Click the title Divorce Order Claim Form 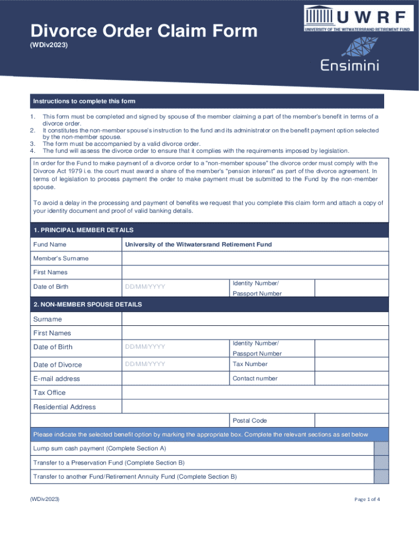tap(144, 31)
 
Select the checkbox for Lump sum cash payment tap(381, 449)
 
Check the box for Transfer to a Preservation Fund tap(381, 463)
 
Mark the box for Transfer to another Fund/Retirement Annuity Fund tap(381, 476)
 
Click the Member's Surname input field tap(255, 258)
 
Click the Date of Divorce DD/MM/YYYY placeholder tap(145, 364)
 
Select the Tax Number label tap(250, 364)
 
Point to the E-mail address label tap(57, 379)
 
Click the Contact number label tap(255, 379)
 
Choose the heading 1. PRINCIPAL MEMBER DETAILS tap(83, 230)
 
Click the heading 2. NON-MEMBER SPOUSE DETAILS tap(88, 305)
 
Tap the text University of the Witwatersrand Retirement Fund tap(198, 245)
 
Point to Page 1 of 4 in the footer tap(367, 499)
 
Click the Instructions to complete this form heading tap(84, 101)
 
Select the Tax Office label tap(49, 393)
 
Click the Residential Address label tap(64, 407)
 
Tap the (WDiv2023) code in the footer tap(46, 499)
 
